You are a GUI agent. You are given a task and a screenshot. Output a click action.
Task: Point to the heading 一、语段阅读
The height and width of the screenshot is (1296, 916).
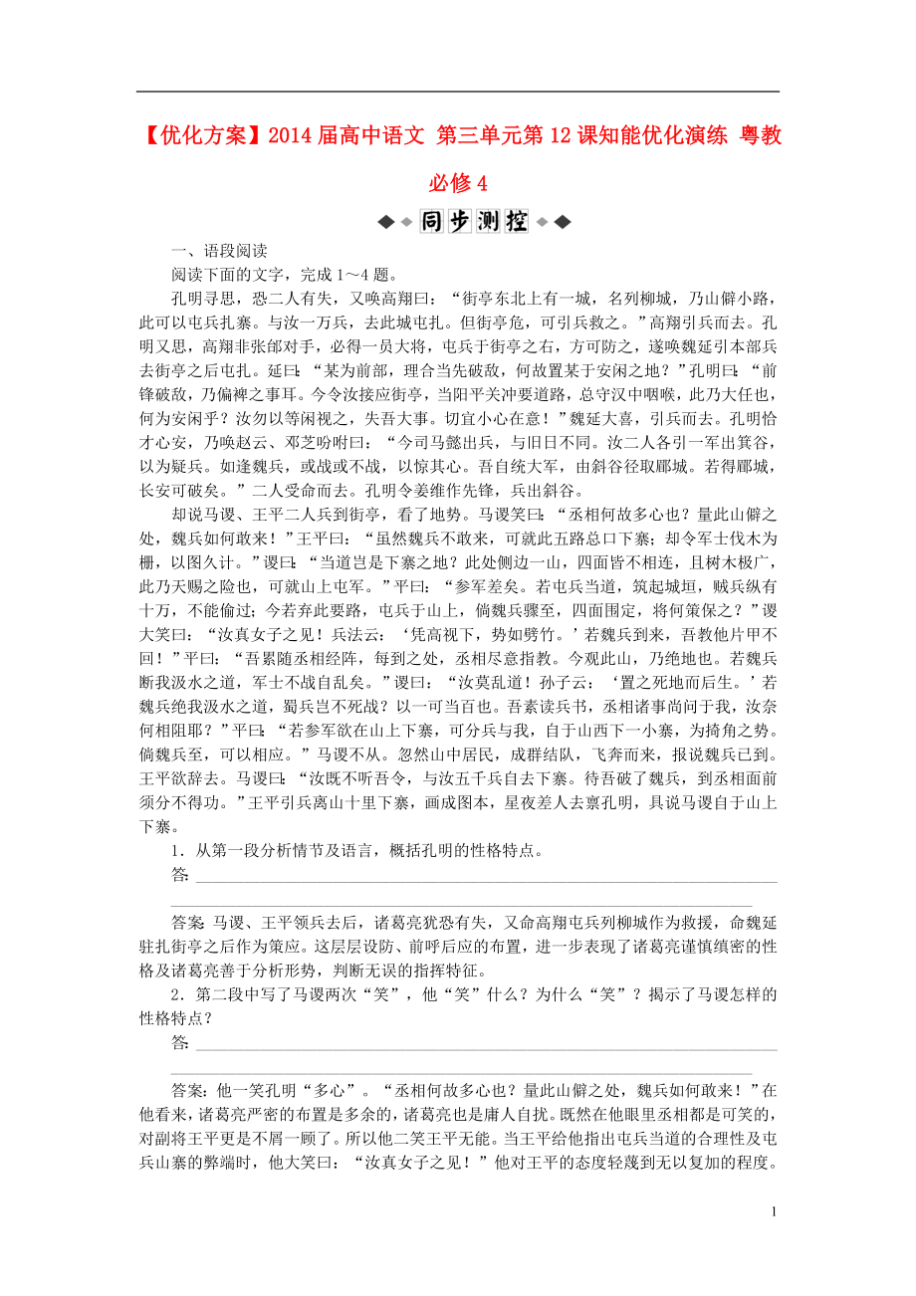(214, 252)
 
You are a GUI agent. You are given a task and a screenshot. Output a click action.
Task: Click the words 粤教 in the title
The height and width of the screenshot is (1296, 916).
(760, 135)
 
